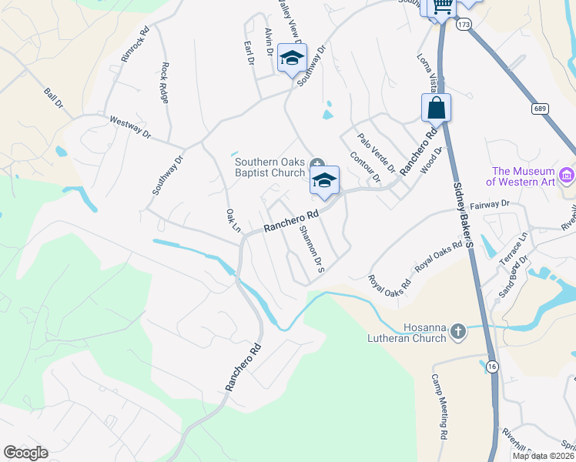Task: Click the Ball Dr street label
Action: (53, 99)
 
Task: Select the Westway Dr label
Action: (130, 126)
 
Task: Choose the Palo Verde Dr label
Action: (376, 152)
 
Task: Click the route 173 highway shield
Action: (463, 25)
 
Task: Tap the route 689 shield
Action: (540, 110)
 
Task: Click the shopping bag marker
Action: (436, 109)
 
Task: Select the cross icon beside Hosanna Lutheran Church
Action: (458, 331)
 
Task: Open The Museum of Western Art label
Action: (523, 176)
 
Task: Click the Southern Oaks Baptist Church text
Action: (270, 167)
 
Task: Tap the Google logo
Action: (25, 453)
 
